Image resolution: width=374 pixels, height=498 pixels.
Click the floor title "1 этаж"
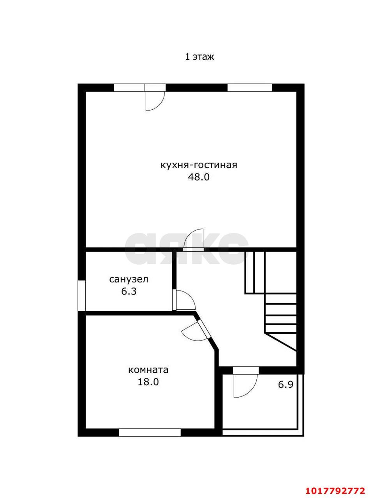pos(199,57)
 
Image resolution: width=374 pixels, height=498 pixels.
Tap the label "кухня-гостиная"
pos(199,165)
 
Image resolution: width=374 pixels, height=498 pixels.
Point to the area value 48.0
pos(199,177)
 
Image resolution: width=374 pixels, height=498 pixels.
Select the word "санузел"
pos(129,279)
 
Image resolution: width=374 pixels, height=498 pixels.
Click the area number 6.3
pos(129,291)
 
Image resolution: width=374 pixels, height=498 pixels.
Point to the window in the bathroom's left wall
pos(82,296)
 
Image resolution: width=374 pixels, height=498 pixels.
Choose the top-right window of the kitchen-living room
pos(250,88)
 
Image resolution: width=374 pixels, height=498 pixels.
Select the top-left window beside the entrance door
pos(129,88)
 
